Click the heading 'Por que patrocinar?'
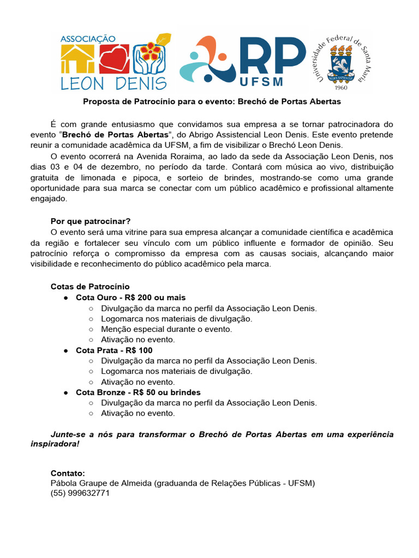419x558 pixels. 91,221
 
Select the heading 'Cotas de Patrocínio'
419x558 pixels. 90,287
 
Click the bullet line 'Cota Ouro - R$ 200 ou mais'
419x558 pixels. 130,298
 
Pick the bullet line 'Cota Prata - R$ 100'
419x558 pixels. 114,350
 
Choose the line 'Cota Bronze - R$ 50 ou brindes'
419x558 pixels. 138,392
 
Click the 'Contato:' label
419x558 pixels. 68,473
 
